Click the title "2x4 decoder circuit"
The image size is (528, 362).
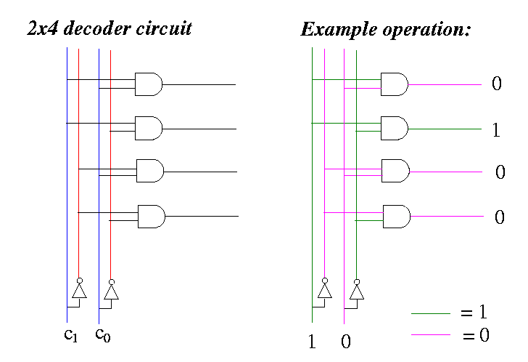(109, 30)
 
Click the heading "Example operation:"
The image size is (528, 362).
(386, 30)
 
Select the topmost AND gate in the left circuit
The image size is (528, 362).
(148, 84)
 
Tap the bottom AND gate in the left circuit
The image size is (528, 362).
(151, 216)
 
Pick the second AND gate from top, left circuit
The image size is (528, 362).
(149, 129)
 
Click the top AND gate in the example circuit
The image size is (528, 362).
(394, 84)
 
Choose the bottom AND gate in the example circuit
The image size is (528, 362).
(396, 216)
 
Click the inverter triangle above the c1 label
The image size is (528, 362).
(78, 291)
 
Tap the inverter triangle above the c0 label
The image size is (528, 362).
(110, 291)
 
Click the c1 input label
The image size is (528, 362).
(70, 335)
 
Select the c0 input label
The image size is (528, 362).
(102, 335)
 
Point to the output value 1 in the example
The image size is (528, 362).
(496, 132)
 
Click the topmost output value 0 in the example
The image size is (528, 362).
(497, 84)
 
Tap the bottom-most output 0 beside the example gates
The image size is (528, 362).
(499, 217)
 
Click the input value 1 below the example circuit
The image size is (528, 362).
(313, 342)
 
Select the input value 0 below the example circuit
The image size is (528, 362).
(345, 342)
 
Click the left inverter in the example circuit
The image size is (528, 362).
(324, 291)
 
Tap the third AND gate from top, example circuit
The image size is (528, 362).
(395, 172)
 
